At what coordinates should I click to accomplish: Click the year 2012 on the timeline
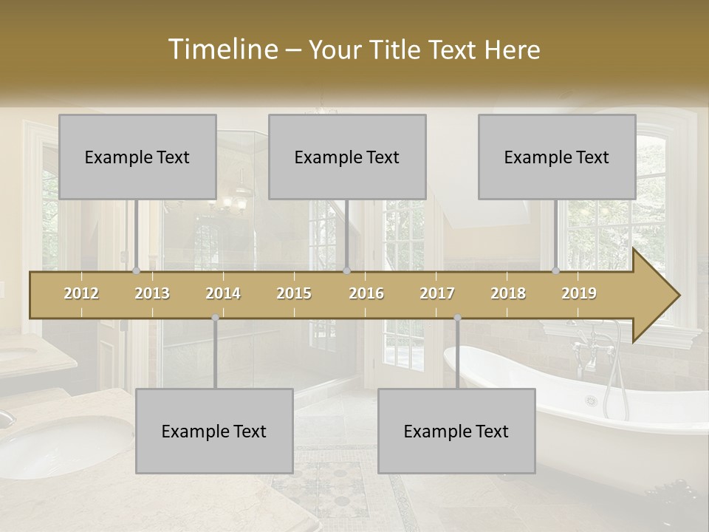(x=81, y=293)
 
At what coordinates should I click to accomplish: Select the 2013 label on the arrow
(x=152, y=293)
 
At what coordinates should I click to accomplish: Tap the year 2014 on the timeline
(x=223, y=293)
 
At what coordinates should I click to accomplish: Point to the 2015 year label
(x=294, y=293)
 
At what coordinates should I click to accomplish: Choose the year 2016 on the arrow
(x=366, y=293)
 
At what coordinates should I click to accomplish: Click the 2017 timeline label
(x=437, y=293)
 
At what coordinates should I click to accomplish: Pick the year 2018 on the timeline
(x=508, y=293)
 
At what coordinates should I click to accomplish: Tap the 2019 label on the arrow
(x=579, y=293)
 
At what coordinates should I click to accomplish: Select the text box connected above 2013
(x=137, y=157)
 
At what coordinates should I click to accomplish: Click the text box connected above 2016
(x=347, y=157)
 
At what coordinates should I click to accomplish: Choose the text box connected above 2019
(x=557, y=157)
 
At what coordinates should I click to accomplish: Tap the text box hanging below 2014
(x=214, y=431)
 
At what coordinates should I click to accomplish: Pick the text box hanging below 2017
(x=456, y=431)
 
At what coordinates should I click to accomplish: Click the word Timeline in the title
(x=222, y=50)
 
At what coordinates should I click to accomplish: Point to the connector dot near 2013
(x=137, y=271)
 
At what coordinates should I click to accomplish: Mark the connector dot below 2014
(x=215, y=318)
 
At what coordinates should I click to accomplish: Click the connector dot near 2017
(x=457, y=318)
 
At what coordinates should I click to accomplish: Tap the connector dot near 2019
(x=556, y=271)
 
